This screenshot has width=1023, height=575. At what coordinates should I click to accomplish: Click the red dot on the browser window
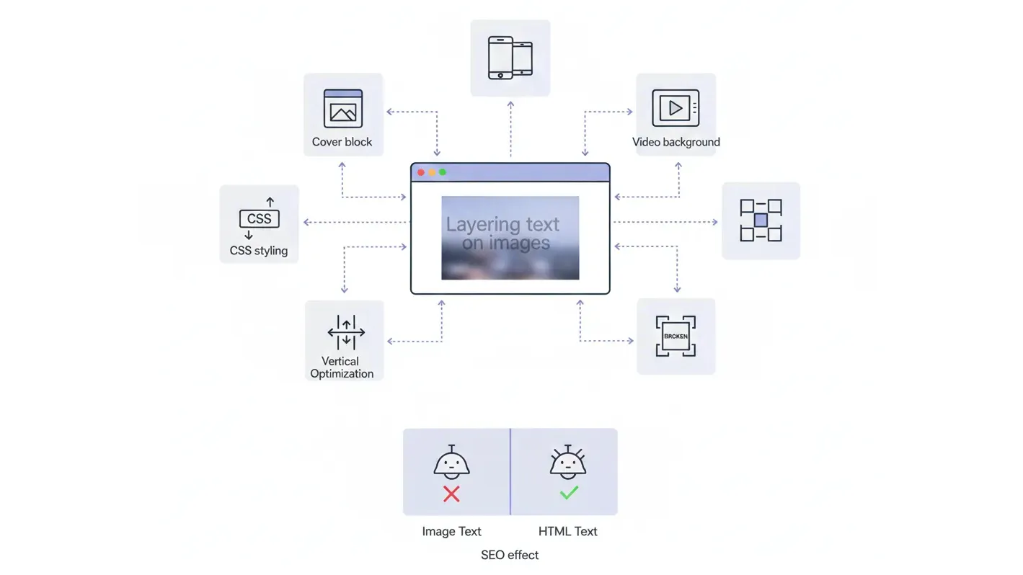(421, 172)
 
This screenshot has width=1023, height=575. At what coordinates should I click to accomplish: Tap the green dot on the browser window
(443, 172)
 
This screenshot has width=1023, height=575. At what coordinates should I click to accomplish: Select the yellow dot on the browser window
(432, 172)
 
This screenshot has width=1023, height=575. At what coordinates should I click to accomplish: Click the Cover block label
(342, 142)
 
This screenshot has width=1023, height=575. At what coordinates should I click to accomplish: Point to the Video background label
(676, 142)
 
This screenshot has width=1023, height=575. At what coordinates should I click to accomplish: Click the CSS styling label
(259, 251)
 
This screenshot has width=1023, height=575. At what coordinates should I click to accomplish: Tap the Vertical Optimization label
(342, 367)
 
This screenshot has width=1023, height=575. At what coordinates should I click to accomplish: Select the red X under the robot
(451, 494)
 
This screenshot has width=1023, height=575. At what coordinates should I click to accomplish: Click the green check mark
(569, 493)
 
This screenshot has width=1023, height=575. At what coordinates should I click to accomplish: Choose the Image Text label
(451, 532)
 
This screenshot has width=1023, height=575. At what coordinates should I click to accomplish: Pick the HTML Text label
(567, 532)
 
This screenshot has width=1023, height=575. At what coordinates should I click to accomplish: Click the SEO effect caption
(510, 555)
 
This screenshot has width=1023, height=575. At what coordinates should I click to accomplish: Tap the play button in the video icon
(676, 108)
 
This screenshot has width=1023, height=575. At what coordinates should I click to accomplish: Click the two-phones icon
(510, 58)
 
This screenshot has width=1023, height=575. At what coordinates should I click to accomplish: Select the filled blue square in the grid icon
(761, 220)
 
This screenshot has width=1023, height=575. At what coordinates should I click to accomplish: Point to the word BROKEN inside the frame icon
(676, 336)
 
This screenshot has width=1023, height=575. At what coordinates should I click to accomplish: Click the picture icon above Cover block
(343, 109)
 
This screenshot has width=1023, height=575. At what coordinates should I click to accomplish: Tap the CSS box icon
(259, 219)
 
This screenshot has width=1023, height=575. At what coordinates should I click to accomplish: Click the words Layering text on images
(502, 233)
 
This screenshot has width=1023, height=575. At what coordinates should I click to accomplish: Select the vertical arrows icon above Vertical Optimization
(346, 332)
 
